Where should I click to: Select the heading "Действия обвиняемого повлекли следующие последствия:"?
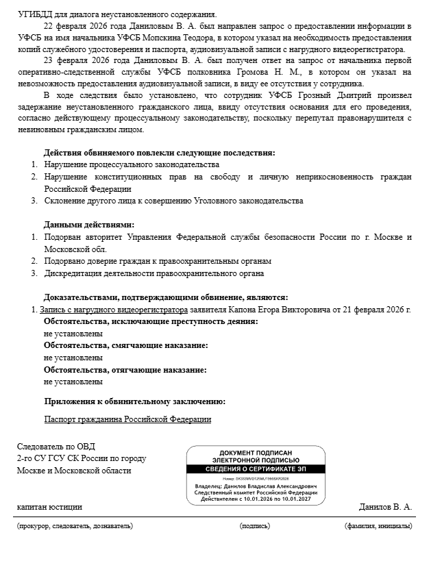(x=159, y=152)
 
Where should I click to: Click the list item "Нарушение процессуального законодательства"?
(x=132, y=164)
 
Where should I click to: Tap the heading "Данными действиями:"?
(x=89, y=225)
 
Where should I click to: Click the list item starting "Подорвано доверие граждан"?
(x=158, y=261)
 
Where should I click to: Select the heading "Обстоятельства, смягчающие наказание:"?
(x=125, y=346)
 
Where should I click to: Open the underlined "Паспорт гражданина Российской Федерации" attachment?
(x=127, y=419)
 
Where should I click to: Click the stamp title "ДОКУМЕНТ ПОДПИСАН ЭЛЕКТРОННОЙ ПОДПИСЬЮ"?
(x=256, y=456)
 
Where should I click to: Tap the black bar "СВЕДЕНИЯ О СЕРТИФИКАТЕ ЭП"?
(x=256, y=469)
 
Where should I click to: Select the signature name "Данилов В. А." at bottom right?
(x=385, y=507)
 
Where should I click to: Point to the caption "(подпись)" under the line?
(x=255, y=525)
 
